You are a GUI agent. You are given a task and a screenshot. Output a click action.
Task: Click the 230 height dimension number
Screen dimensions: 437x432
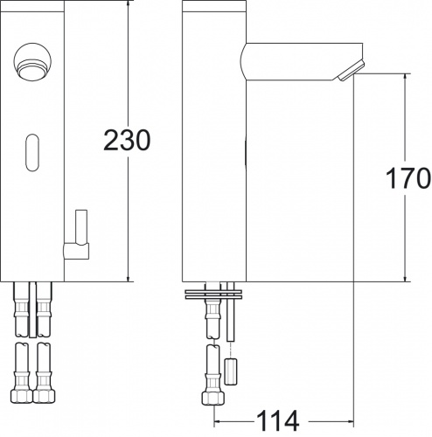point(127,139)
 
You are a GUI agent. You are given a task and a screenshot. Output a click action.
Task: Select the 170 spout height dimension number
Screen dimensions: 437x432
point(407,178)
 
